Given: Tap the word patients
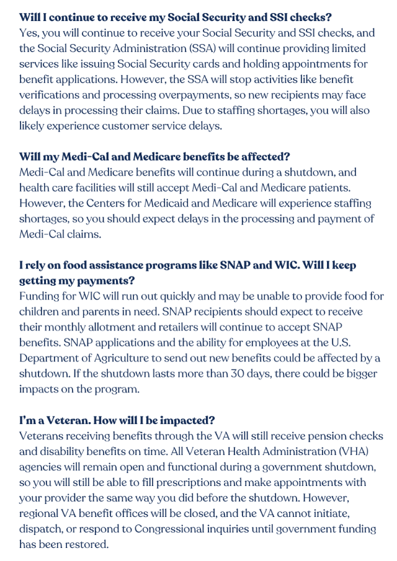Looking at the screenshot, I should [x=349, y=187].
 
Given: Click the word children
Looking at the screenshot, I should [x=39, y=311].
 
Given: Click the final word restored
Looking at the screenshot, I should [x=87, y=544].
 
